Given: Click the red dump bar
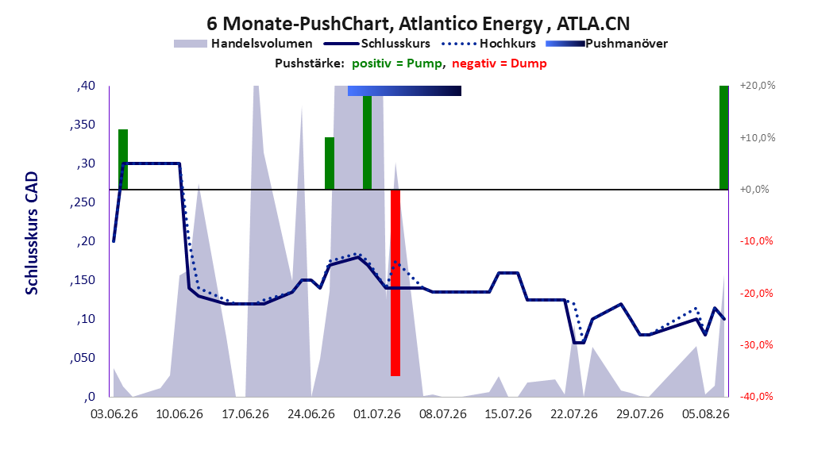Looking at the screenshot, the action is [x=395, y=282].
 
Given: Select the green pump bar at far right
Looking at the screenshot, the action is [x=723, y=137].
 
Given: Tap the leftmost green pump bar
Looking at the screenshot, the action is [x=123, y=159].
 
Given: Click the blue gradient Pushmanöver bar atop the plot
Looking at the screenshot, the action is [x=404, y=90].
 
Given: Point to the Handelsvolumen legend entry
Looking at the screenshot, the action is [x=243, y=44].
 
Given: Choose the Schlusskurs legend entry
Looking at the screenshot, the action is [x=376, y=44].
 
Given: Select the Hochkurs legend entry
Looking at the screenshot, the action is [x=488, y=44].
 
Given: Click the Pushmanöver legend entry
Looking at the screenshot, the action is [x=607, y=44].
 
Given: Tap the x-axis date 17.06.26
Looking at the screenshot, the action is [x=245, y=414].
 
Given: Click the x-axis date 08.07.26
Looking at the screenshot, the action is [x=442, y=414].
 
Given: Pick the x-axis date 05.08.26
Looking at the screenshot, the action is [x=706, y=414].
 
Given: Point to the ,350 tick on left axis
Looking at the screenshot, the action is [x=83, y=125].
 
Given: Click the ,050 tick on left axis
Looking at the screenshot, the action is [x=83, y=358].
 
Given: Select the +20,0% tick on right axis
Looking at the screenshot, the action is [x=758, y=86].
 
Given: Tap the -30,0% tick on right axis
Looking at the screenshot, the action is [x=756, y=345].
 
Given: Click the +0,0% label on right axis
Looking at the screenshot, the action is [x=754, y=190].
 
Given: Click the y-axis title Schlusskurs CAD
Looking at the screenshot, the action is [x=32, y=233].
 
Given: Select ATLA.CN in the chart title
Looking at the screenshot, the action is [x=593, y=24].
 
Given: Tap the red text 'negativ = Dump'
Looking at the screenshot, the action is [x=499, y=63].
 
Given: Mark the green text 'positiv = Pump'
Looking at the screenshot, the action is [x=397, y=63].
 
